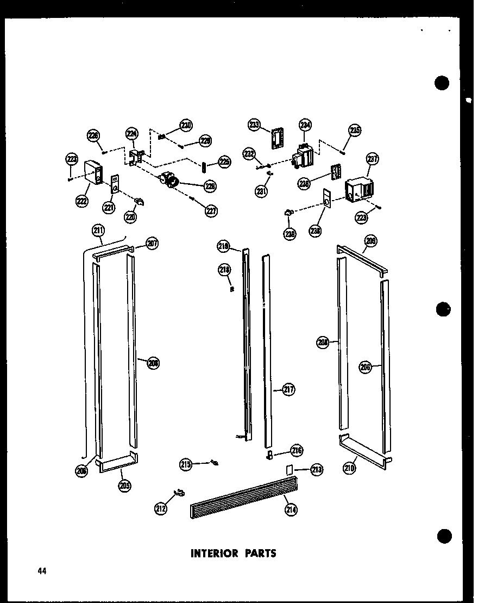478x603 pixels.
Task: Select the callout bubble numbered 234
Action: click(305, 126)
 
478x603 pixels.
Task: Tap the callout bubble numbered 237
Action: click(372, 159)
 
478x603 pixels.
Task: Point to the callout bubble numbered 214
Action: click(291, 509)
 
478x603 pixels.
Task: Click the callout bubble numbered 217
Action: click(288, 389)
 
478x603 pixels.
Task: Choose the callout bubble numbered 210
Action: click(350, 467)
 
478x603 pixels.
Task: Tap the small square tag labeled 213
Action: click(290, 469)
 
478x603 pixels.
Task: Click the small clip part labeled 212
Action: click(178, 493)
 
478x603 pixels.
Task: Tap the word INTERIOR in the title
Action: click(215, 554)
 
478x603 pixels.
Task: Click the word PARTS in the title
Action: click(260, 554)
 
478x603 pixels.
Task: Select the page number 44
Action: click(42, 571)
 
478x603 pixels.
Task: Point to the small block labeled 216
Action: click(268, 455)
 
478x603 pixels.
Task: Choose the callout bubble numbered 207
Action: click(152, 244)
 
